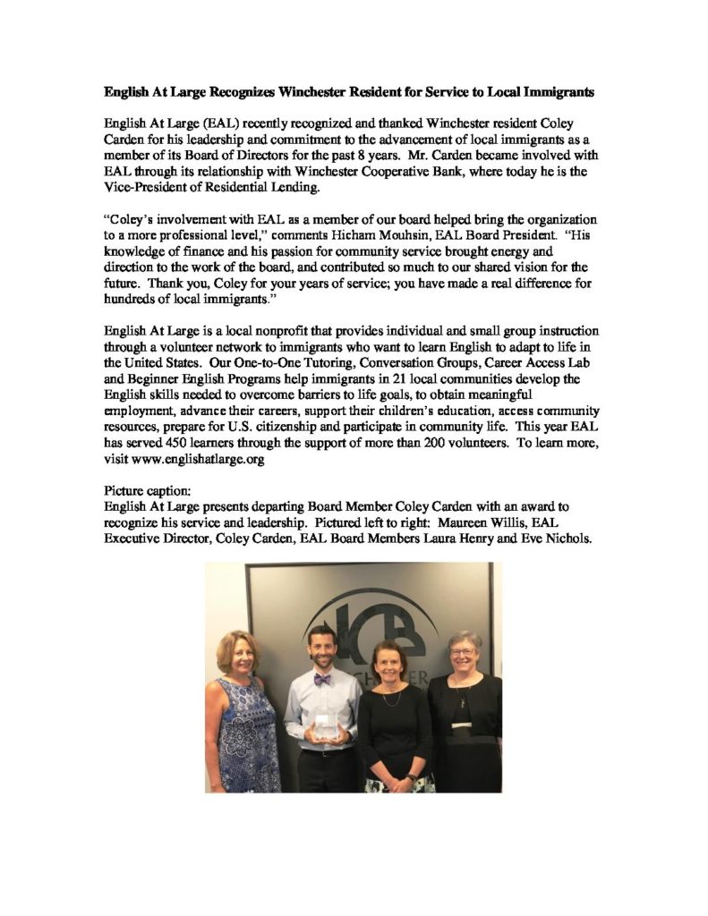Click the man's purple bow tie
click(322, 679)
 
